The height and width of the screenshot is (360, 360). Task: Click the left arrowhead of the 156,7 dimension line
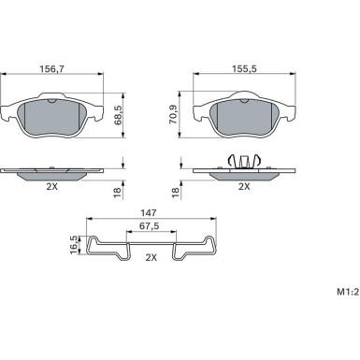[5, 76]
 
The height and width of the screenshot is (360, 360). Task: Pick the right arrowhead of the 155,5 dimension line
[298, 76]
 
